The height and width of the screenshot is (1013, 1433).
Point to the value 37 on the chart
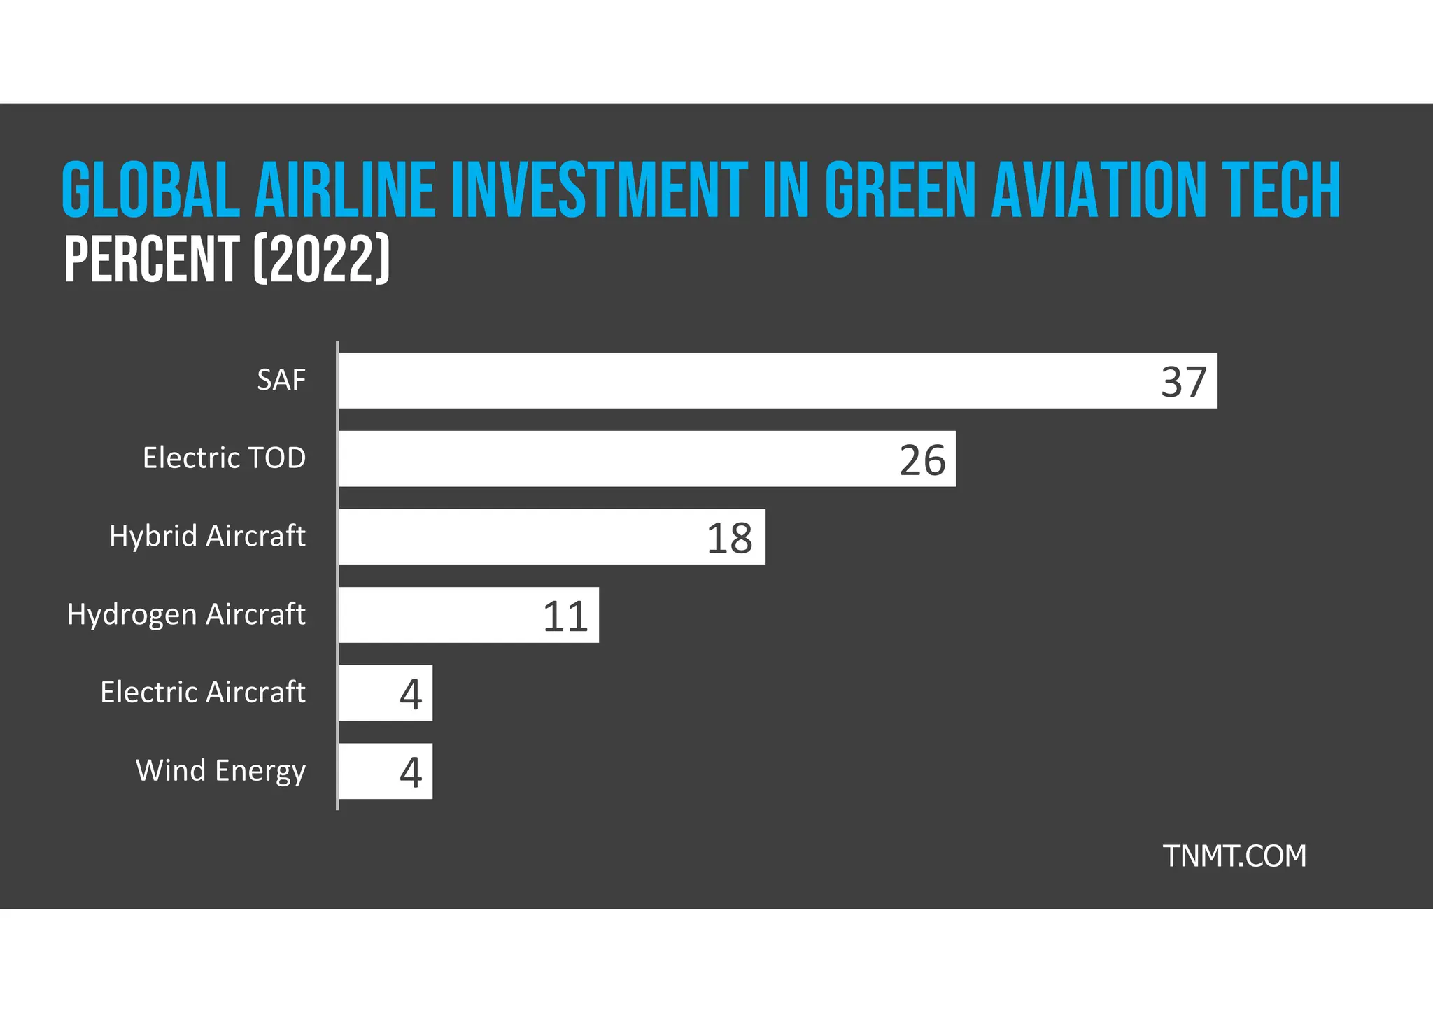pos(1184,382)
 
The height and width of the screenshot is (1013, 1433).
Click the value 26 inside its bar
pos(922,460)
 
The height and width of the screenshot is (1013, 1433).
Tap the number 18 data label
pos(729,539)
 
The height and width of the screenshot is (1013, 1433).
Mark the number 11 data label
pos(565,617)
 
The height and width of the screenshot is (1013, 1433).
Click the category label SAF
pos(281,381)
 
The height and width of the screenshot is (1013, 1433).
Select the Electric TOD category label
pos(224,458)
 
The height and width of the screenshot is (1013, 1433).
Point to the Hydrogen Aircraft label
pos(186,614)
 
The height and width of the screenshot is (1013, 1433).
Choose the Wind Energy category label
pos(220,771)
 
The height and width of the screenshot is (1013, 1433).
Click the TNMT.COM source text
pos(1234,856)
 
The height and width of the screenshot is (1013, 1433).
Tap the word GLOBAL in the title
pos(151,190)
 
